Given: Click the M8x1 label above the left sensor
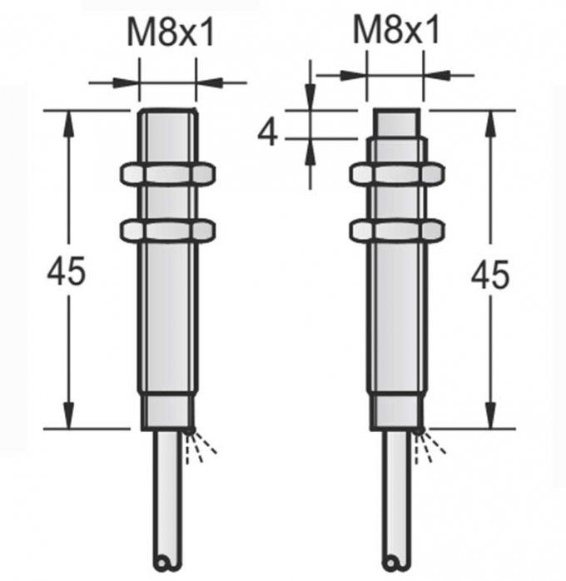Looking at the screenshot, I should (170, 34).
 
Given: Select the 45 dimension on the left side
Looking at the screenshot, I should (67, 271).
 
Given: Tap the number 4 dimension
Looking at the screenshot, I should (267, 132).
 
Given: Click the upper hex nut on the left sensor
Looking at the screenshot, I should (168, 173).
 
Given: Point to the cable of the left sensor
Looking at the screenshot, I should (168, 499).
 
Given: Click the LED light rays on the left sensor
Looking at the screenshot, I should (202, 446).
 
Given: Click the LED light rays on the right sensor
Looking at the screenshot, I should (430, 446).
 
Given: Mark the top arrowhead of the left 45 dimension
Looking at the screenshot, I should (67, 120).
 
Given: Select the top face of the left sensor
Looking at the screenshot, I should (168, 110).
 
